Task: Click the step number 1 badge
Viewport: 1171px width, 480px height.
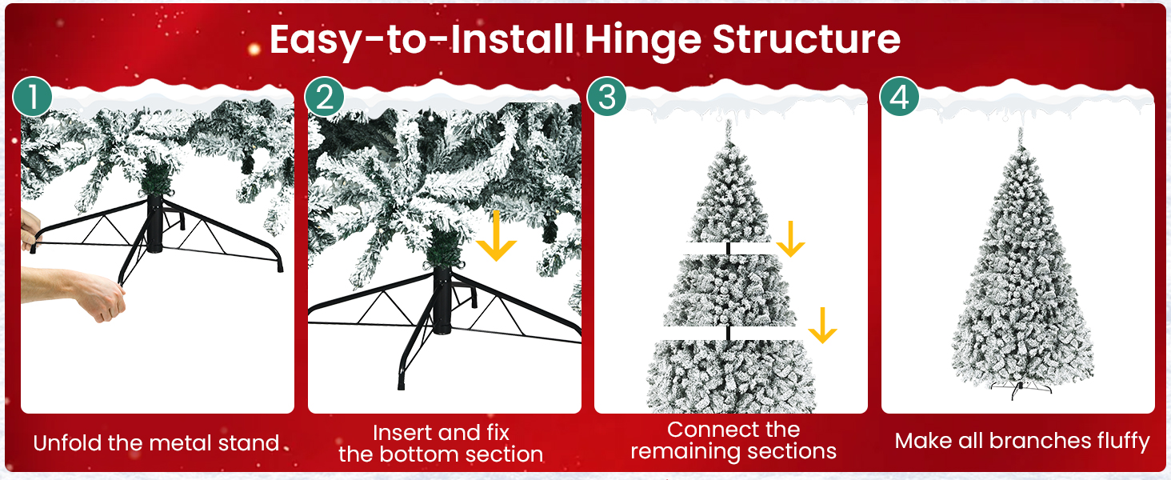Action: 32,98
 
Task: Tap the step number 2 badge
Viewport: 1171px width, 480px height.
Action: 324,98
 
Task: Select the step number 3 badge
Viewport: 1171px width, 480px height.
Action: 606,98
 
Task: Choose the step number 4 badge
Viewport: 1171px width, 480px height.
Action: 899,98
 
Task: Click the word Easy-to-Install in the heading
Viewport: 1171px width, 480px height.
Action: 421,40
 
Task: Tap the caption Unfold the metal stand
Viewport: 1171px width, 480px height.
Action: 156,442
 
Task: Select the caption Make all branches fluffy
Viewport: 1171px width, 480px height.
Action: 1021,441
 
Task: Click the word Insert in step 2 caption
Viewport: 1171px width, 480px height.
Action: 406,433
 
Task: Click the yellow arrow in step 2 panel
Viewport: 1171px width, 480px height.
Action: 496,238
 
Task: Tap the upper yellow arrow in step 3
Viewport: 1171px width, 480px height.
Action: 790,238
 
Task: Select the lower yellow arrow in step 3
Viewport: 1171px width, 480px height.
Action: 821,325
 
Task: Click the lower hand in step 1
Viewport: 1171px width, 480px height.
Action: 88,291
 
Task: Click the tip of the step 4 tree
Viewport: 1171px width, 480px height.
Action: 1021,132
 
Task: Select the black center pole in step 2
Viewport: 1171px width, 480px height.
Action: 442,300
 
